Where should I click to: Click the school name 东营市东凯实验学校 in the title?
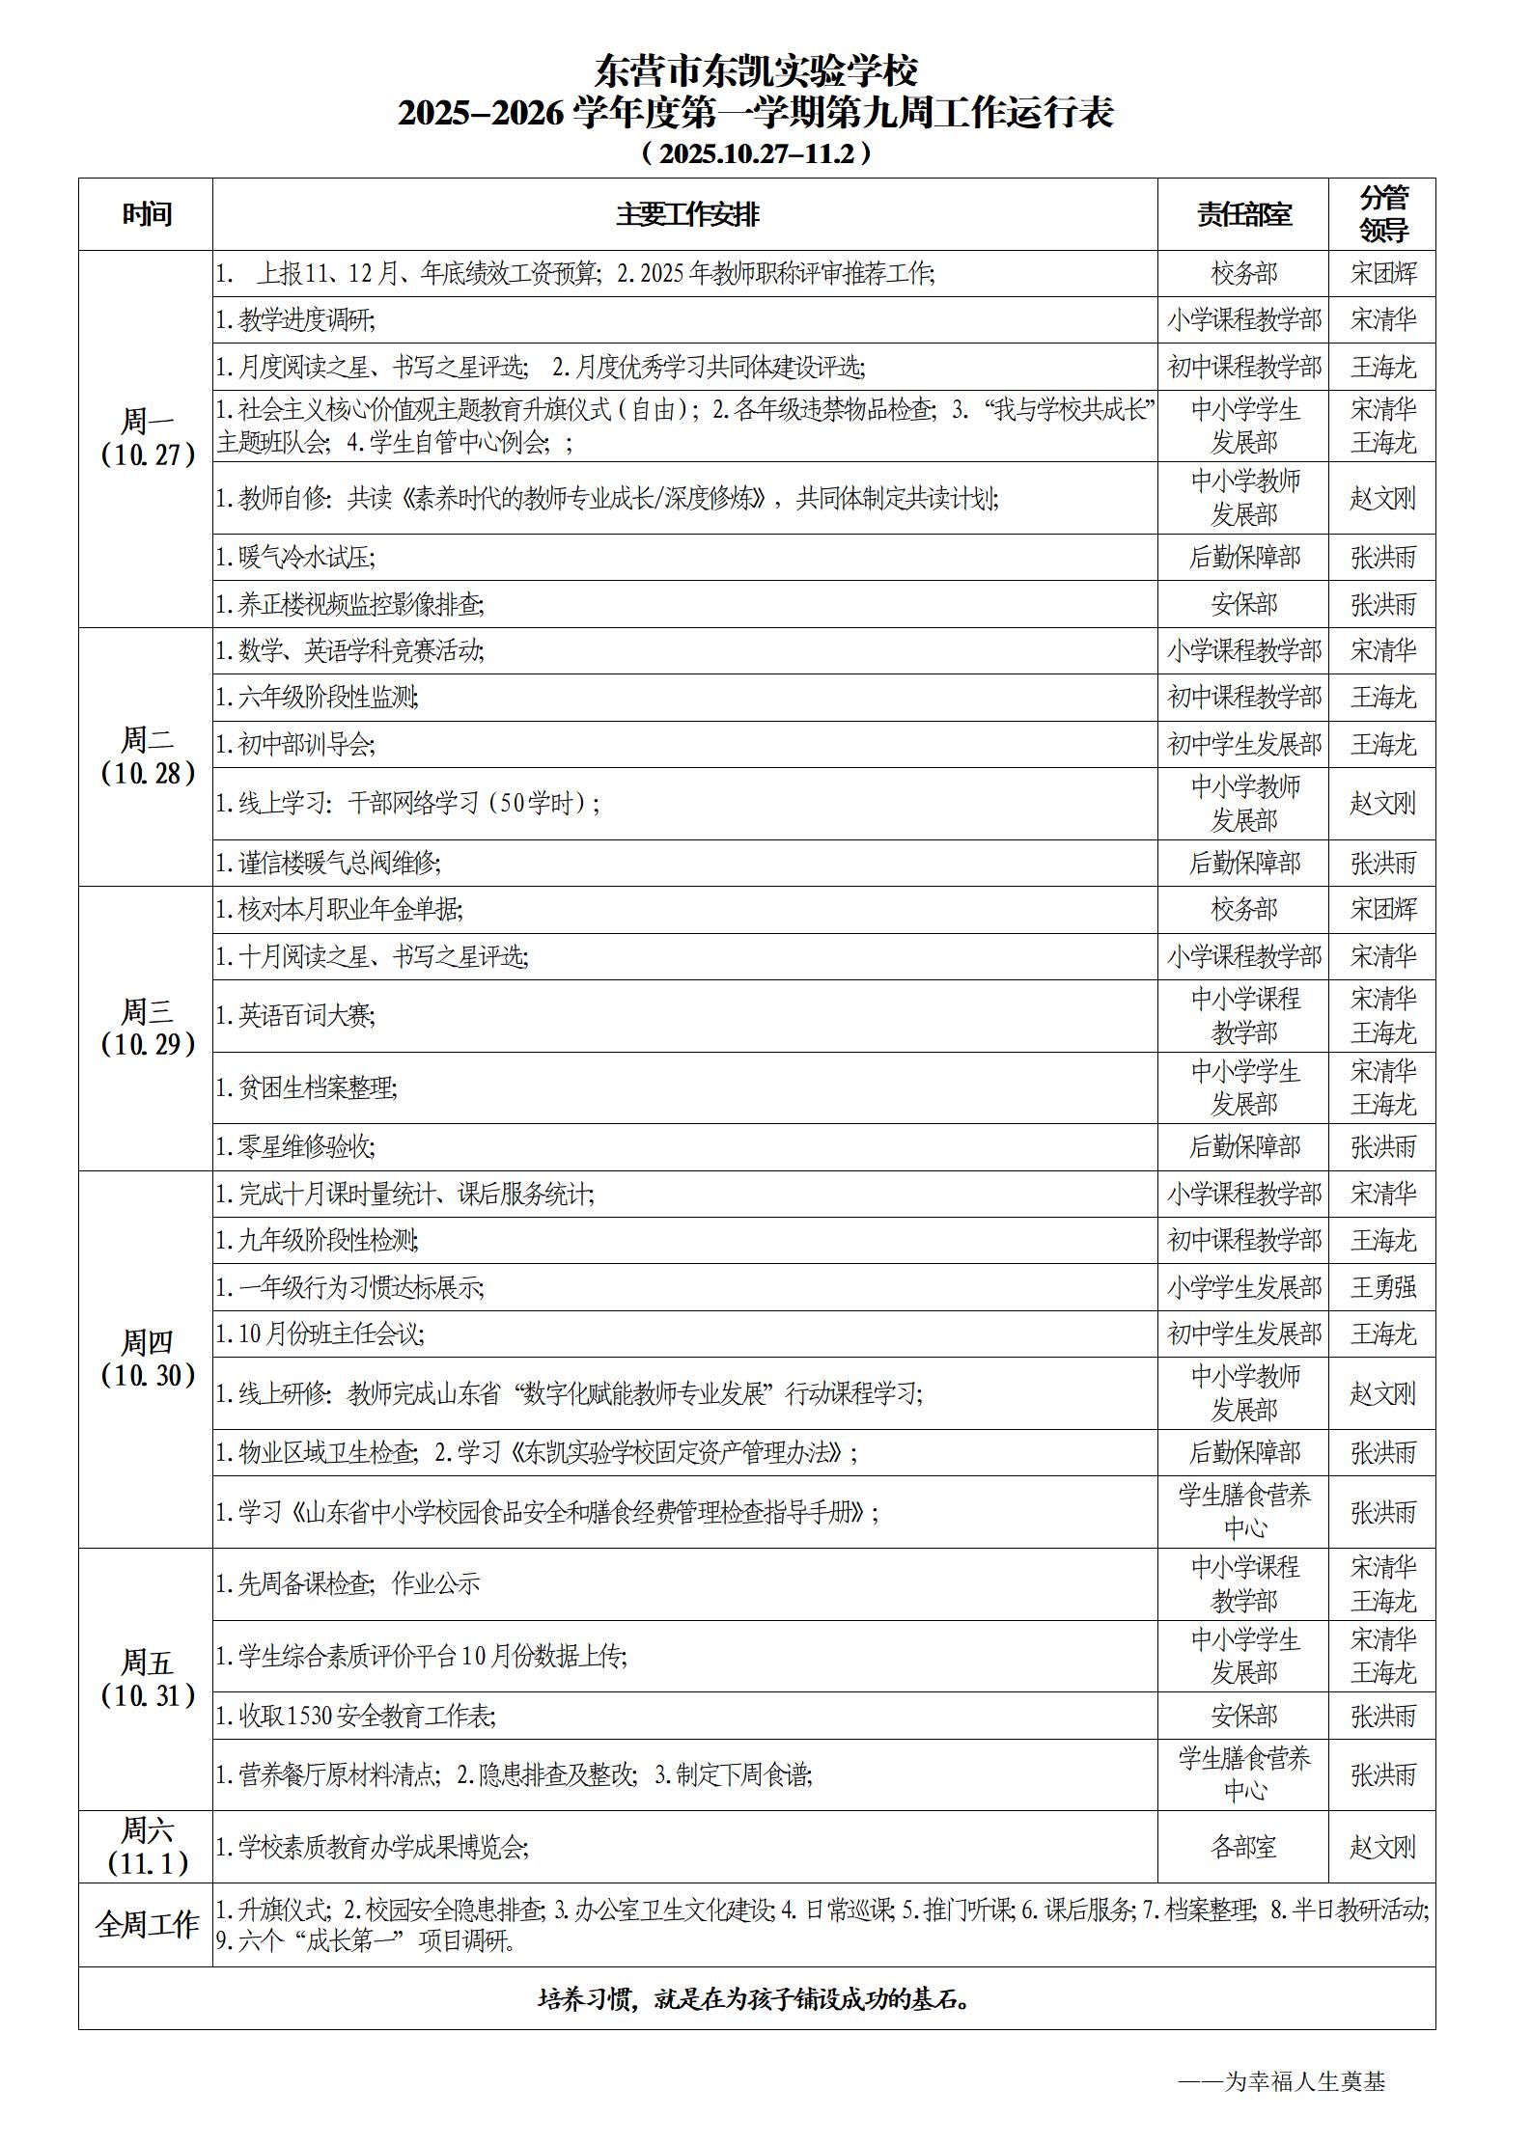(756, 70)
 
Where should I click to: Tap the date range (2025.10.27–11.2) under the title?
(756, 153)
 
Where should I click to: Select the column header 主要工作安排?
(687, 214)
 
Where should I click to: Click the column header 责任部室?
(1243, 214)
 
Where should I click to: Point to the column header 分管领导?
(1382, 214)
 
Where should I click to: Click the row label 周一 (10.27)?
(147, 438)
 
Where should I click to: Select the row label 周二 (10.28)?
(147, 756)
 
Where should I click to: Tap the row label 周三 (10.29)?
(147, 1028)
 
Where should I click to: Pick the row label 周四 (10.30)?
(147, 1359)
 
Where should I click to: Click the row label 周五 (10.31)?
(147, 1679)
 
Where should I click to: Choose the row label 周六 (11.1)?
(147, 1846)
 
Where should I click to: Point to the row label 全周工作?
(147, 1925)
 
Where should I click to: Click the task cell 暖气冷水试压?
(295, 557)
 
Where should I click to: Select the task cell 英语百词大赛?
(295, 1015)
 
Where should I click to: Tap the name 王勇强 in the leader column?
(1382, 1287)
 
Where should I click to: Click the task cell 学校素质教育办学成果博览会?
(372, 1847)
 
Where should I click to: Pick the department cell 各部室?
(1243, 1847)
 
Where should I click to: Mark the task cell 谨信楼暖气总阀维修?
(328, 863)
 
